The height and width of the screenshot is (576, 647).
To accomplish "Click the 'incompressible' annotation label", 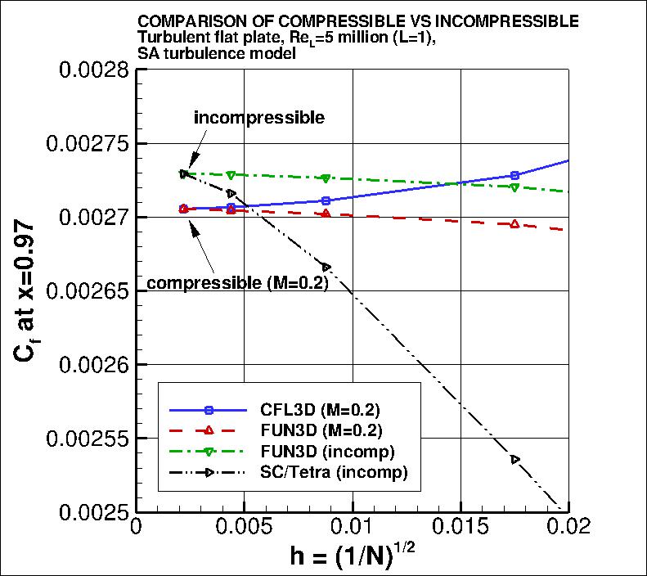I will pyautogui.click(x=259, y=118).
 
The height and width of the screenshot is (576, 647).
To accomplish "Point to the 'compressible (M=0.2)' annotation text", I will pyautogui.click(x=237, y=284).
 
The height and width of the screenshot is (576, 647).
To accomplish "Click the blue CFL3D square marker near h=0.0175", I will pyautogui.click(x=514, y=175).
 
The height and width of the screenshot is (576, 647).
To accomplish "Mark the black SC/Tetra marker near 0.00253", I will pyautogui.click(x=514, y=459).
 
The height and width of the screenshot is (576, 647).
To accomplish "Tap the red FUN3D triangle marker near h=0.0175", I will pyautogui.click(x=514, y=223).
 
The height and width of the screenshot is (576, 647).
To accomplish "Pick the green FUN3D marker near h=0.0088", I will pyautogui.click(x=326, y=178).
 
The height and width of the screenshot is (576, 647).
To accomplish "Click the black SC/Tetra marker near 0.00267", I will pyautogui.click(x=326, y=268).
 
